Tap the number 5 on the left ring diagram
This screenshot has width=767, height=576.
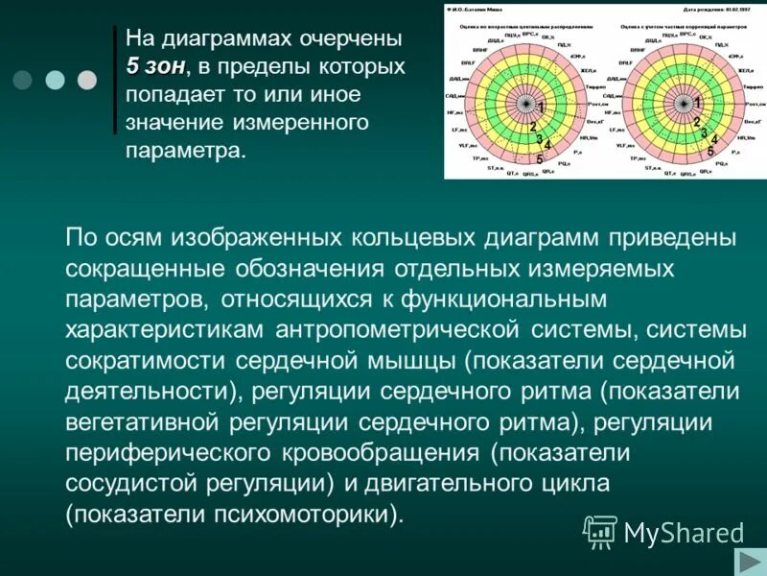click(x=540, y=159)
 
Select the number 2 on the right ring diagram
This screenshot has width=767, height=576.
click(x=697, y=123)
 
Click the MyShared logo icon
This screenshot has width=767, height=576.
click(x=601, y=530)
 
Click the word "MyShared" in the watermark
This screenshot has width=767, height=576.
click(x=684, y=532)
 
